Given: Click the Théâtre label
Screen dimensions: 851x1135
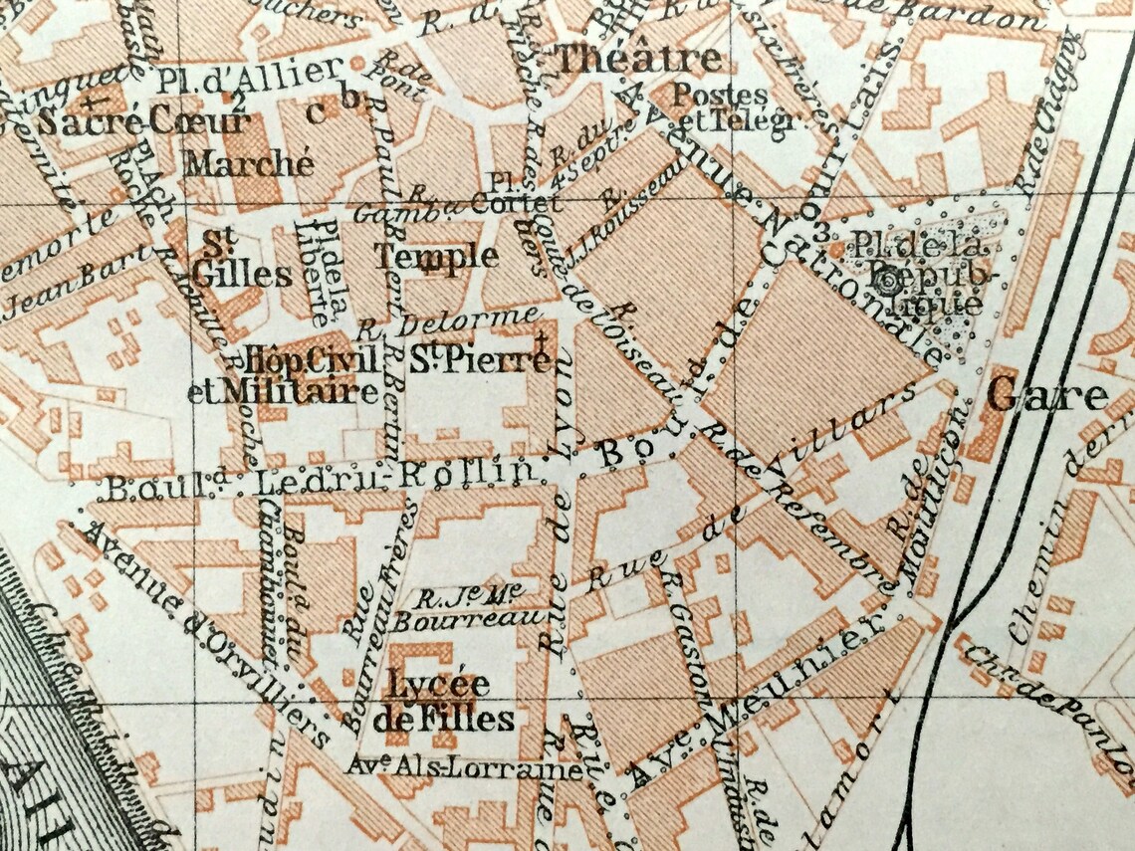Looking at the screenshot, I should point(638,59).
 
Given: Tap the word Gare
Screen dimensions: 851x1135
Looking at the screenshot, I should point(1047,395).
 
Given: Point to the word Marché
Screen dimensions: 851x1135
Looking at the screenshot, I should point(249,163).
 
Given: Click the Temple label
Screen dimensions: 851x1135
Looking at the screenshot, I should point(436,256).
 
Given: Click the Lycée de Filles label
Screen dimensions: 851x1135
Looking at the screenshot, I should point(438,702).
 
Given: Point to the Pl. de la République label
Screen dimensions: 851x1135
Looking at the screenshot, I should point(914,271).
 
